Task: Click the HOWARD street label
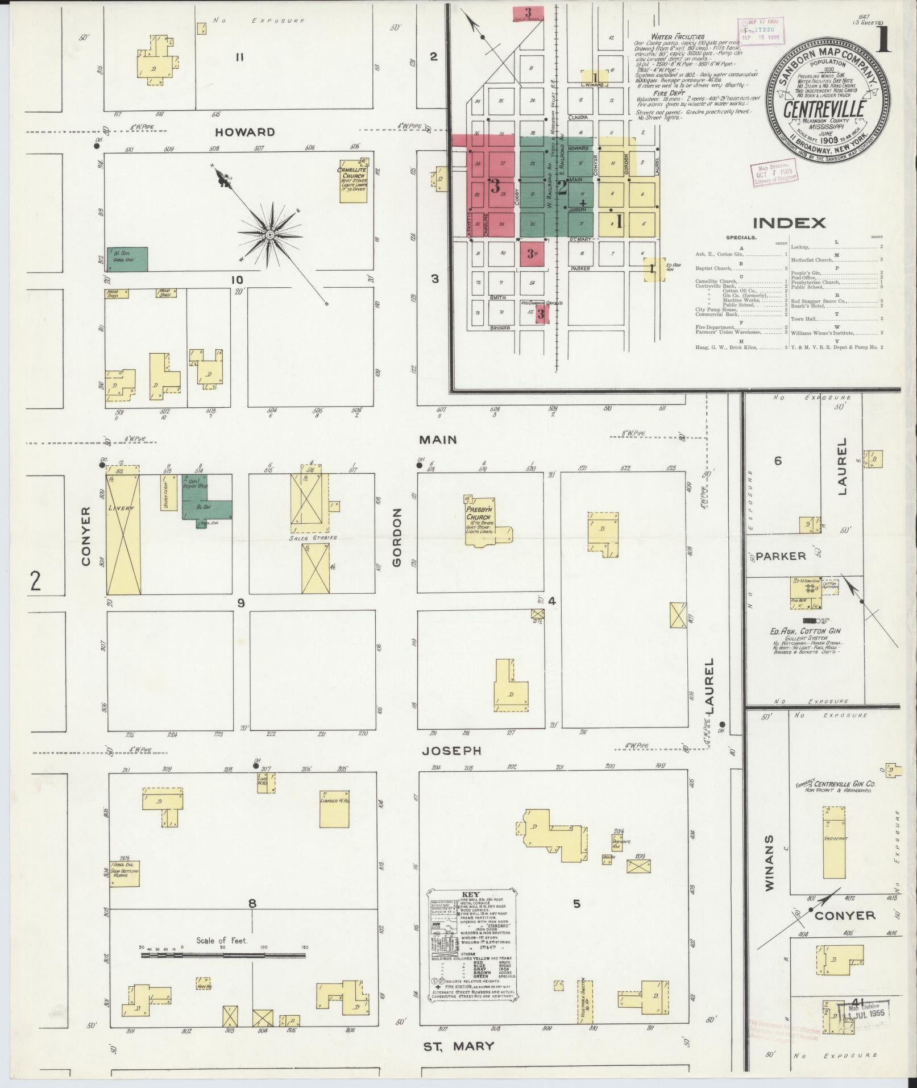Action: pos(245,132)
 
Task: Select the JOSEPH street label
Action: pos(452,751)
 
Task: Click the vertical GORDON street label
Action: pos(397,537)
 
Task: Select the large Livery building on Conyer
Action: pos(123,530)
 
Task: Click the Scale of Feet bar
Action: pos(223,955)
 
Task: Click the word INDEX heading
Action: pos(789,222)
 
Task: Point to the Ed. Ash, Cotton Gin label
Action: pos(805,631)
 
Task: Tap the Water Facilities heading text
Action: pos(678,36)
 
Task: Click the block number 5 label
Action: pos(576,904)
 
